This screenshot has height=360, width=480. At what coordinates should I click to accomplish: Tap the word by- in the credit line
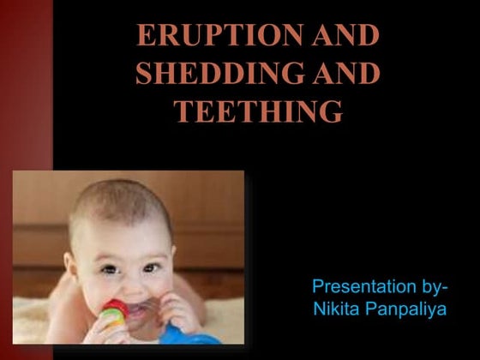click(x=435, y=285)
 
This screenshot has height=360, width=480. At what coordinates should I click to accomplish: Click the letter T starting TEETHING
click(x=186, y=111)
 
